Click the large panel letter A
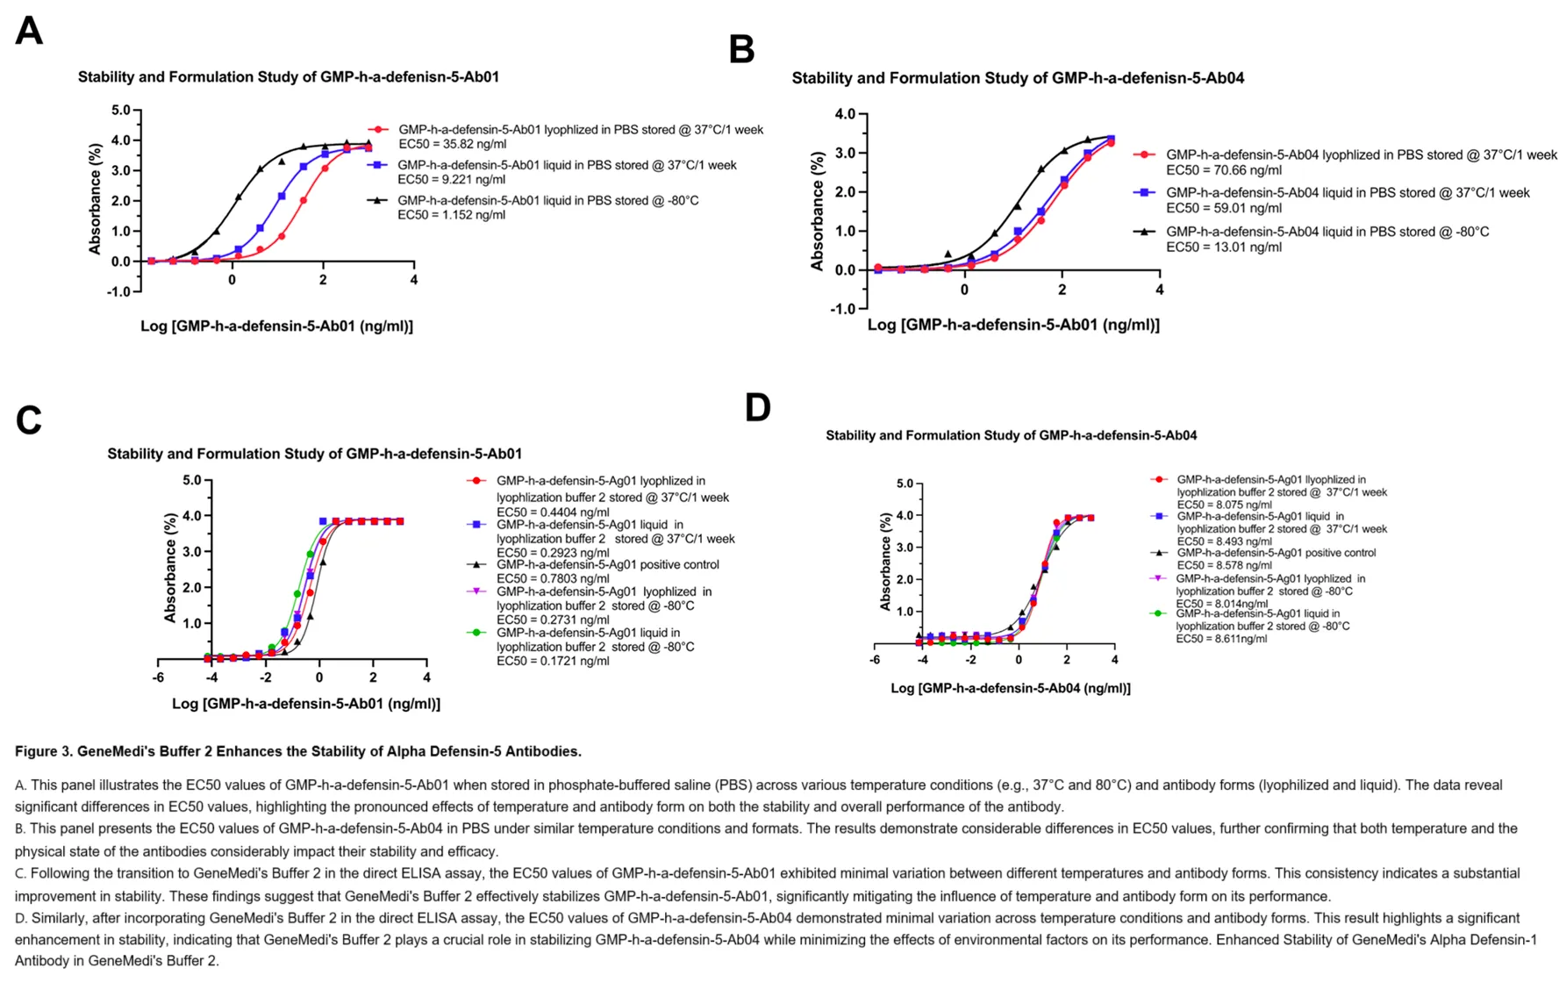point(29,32)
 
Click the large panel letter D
point(757,408)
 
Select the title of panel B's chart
point(1018,78)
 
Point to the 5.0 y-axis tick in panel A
point(120,111)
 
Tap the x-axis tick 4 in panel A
point(414,280)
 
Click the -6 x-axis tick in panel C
point(158,677)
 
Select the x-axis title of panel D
point(1010,688)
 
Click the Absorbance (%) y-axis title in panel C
point(170,569)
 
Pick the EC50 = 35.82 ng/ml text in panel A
point(452,144)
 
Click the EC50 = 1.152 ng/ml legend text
point(451,215)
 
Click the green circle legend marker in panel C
point(476,633)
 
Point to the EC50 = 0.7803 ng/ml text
point(552,578)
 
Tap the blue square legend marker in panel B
point(1144,192)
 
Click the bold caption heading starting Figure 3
point(298,751)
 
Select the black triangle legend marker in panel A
point(377,201)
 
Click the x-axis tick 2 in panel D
point(1066,659)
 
